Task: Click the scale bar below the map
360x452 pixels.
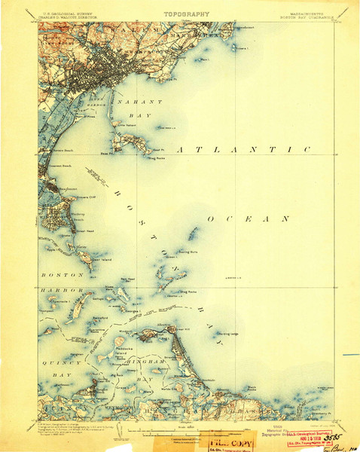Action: [x=181, y=432]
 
